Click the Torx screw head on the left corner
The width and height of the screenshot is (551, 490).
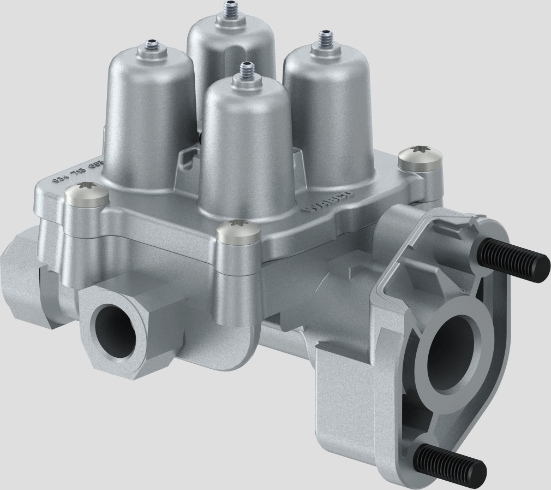(x=86, y=195)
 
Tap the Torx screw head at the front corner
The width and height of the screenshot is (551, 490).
(x=237, y=232)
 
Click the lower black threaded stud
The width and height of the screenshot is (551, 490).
(x=451, y=460)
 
